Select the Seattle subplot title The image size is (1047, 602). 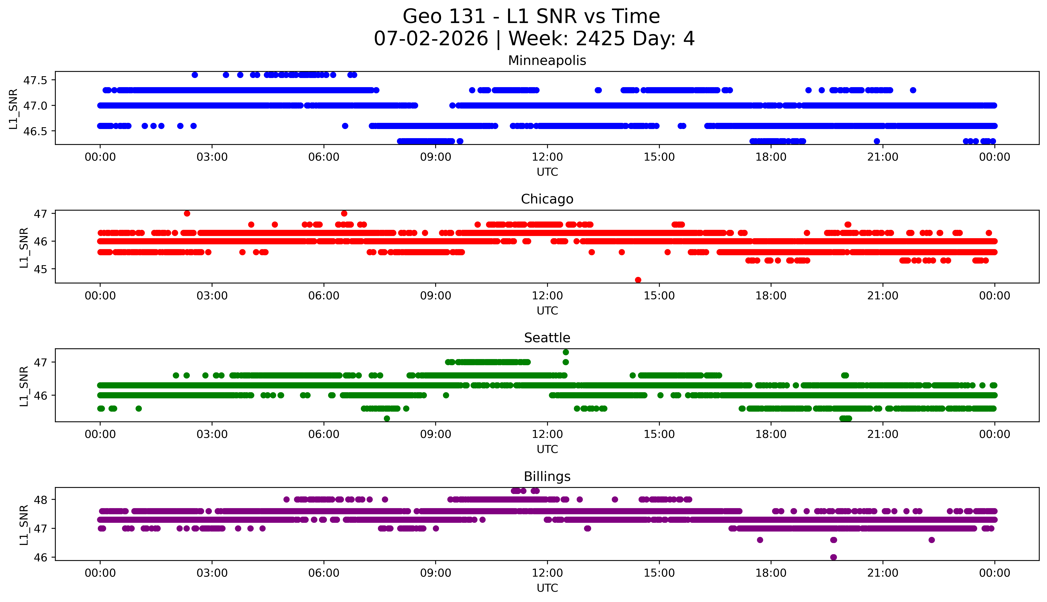547,338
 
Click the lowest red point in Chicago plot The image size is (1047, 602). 638,280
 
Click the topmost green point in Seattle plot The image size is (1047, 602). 566,352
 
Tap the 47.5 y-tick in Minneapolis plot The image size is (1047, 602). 36,80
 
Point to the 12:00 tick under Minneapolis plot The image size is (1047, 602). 547,157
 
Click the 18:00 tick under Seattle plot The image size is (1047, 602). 771,434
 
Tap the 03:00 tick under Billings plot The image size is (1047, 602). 212,573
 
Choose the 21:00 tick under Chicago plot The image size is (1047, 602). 883,296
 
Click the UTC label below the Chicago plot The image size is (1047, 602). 547,310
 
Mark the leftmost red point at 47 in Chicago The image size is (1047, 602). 187,213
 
